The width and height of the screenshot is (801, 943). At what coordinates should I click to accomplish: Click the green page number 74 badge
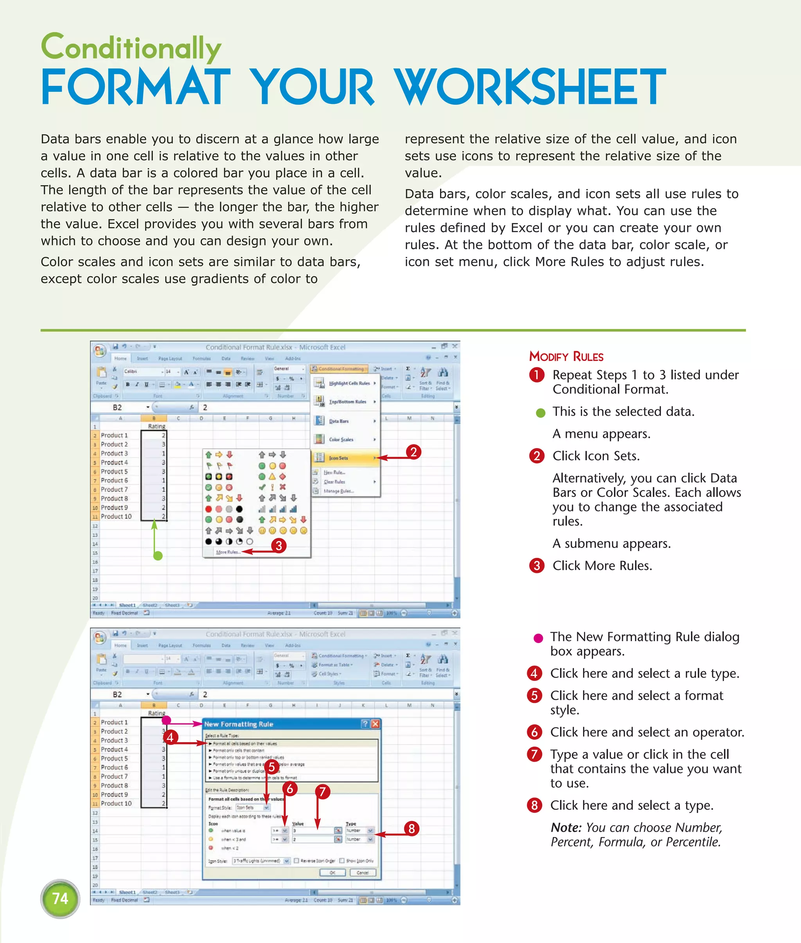point(60,898)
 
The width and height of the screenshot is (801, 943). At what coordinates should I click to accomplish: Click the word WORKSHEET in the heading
point(530,87)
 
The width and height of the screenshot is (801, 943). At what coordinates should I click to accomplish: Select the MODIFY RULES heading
point(566,357)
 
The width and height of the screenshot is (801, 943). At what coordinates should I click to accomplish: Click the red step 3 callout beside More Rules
point(279,545)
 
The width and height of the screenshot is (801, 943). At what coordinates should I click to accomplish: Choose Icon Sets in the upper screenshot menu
point(338,458)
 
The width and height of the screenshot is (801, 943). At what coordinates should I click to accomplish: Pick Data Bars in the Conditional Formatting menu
point(339,421)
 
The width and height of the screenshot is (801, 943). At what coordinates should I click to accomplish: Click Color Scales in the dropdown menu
point(341,439)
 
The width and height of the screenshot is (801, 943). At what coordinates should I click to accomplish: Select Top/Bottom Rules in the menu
point(347,402)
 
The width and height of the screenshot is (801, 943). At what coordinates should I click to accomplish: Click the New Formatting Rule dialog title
point(239,724)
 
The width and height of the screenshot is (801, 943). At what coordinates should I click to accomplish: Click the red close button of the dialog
point(375,724)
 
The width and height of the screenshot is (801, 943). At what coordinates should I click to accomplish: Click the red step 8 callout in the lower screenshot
point(411,829)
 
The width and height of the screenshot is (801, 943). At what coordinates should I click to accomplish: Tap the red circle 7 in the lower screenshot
point(322,792)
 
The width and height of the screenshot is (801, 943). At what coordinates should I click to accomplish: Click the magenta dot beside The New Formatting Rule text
point(538,638)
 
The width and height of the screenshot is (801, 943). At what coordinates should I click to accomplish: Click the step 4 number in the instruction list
point(534,673)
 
